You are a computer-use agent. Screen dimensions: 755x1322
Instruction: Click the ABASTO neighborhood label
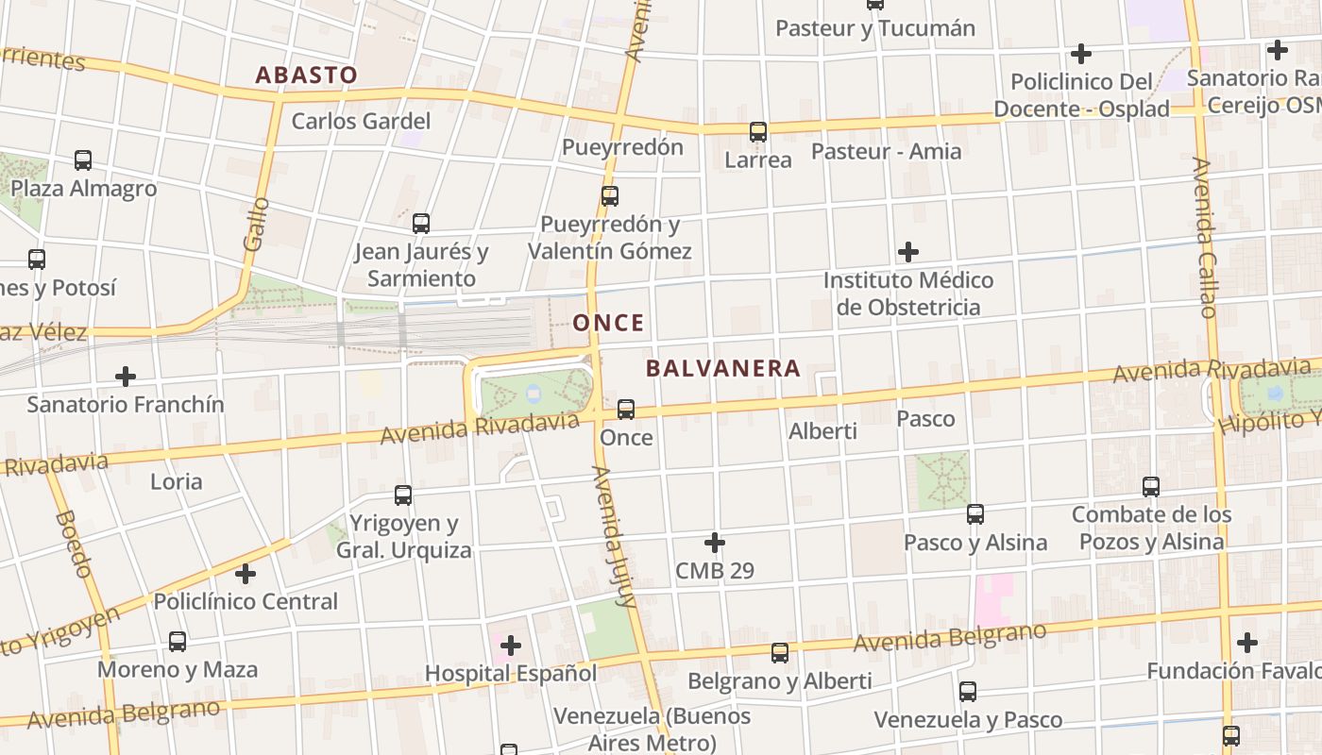[x=307, y=75]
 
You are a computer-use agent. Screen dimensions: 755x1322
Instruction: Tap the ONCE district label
[x=608, y=323]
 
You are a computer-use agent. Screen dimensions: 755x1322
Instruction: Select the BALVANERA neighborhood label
[x=723, y=368]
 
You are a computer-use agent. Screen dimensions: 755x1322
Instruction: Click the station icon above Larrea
[x=758, y=132]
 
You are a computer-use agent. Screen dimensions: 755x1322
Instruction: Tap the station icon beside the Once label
[x=626, y=410]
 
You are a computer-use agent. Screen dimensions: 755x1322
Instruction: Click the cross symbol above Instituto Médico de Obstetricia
[x=908, y=252]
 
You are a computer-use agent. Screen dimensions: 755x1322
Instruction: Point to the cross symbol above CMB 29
[x=715, y=543]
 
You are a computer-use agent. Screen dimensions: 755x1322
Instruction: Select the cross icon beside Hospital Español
[x=511, y=646]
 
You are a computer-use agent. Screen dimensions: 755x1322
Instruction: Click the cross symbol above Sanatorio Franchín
[x=125, y=377]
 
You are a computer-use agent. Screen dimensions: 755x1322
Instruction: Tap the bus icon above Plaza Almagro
[x=83, y=160]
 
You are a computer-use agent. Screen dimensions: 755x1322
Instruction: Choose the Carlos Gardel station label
[x=361, y=121]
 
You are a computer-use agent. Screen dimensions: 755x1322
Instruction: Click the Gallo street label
[x=256, y=224]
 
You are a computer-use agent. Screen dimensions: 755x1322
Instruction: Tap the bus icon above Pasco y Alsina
[x=975, y=514]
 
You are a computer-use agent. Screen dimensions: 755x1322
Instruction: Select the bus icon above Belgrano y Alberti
[x=780, y=653]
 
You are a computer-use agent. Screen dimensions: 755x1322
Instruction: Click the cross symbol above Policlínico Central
[x=246, y=573]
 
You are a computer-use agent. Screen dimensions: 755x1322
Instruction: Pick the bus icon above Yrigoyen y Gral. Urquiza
[x=403, y=495]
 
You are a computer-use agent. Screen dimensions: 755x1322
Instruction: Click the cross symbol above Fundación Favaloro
[x=1247, y=643]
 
